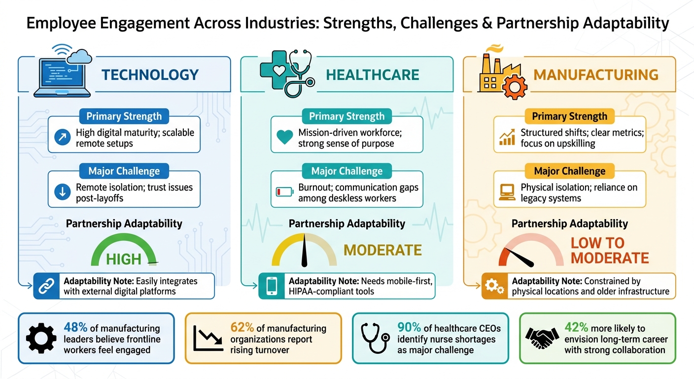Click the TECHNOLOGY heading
(x=150, y=75)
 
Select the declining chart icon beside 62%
(x=208, y=338)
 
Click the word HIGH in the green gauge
(x=124, y=259)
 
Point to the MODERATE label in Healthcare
(x=382, y=250)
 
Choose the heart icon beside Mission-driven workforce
(x=285, y=138)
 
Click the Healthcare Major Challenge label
(x=347, y=171)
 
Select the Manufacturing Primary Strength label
(x=569, y=116)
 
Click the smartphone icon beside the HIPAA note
(x=271, y=286)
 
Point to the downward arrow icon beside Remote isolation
(x=63, y=193)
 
